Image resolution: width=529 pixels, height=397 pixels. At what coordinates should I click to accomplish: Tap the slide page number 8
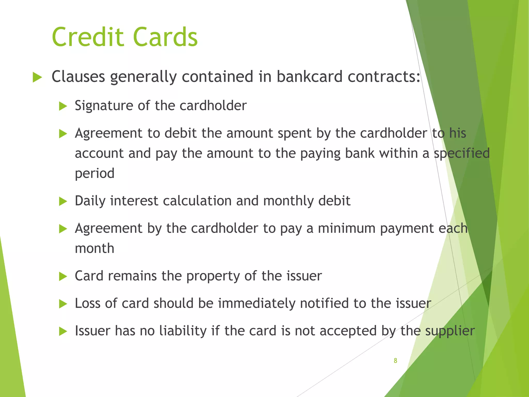click(x=395, y=361)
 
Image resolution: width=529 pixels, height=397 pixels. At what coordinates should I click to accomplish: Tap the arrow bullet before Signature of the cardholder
click(x=63, y=106)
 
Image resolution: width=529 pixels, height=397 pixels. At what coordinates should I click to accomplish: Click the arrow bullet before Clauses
click(x=37, y=77)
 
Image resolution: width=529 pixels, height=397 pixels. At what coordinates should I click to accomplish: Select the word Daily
click(x=90, y=201)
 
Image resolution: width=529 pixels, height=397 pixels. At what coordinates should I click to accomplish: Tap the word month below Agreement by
click(x=95, y=248)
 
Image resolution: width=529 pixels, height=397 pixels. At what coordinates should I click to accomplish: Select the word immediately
click(x=256, y=303)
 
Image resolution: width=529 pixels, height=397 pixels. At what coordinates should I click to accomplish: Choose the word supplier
click(x=450, y=331)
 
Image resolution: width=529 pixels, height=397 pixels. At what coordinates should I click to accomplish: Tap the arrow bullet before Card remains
click(x=63, y=277)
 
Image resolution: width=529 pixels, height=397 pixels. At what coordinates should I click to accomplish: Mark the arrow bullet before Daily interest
click(x=63, y=201)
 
